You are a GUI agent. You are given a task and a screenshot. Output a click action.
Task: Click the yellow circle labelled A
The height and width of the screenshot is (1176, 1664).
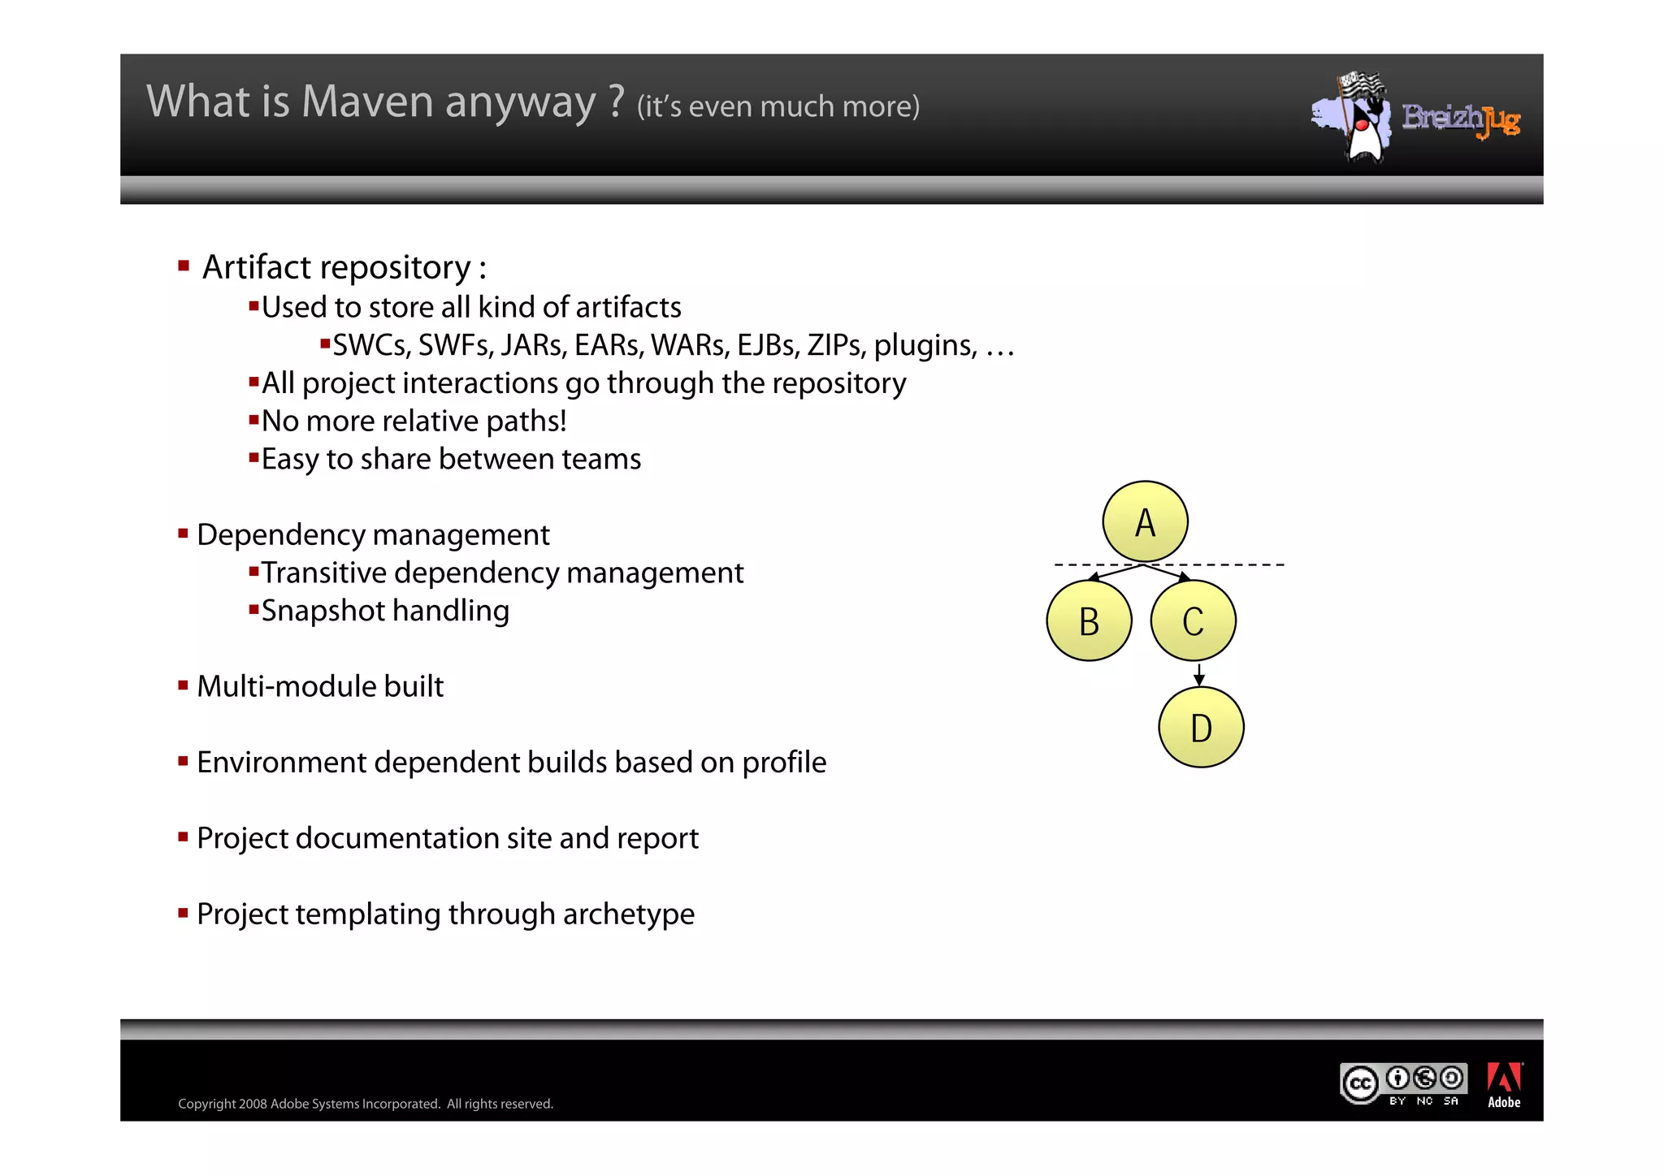(1145, 521)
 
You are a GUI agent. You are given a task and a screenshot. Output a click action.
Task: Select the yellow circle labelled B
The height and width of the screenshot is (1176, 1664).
(1089, 621)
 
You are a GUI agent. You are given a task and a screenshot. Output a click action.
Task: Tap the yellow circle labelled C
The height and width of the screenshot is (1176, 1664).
(1193, 621)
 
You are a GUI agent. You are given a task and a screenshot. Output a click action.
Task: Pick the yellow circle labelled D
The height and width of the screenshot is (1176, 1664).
(1201, 728)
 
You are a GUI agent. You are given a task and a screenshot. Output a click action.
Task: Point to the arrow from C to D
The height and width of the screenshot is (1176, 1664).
(1199, 674)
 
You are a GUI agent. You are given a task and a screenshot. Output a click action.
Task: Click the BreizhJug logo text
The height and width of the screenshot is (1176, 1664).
(1461, 119)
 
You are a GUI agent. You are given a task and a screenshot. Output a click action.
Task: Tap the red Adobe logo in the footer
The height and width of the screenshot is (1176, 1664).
(1504, 1079)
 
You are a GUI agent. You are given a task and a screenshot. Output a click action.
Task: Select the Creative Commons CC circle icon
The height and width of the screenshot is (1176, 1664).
(1359, 1083)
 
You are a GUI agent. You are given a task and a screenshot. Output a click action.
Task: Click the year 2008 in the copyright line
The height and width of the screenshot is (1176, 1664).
(253, 1104)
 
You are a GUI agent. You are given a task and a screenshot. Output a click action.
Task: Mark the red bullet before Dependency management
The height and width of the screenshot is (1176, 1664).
(183, 534)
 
